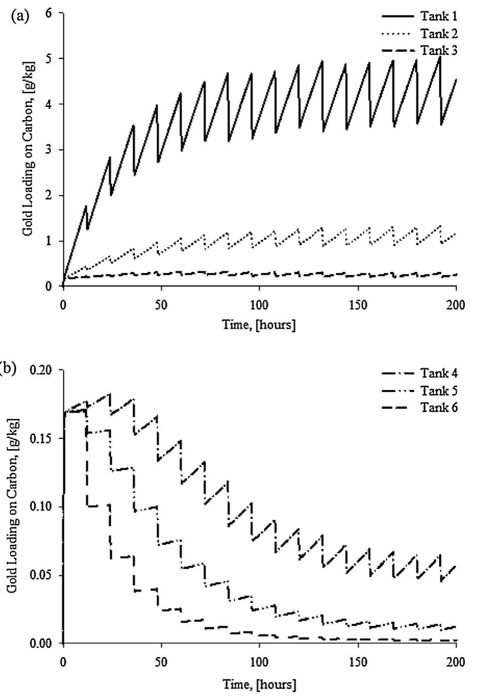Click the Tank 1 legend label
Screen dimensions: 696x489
point(439,16)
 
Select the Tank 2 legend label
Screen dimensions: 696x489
point(439,33)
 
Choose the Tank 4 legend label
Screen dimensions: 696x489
point(439,373)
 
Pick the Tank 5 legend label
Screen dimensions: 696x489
point(439,390)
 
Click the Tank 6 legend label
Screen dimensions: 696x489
point(439,407)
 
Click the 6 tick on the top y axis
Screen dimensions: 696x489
point(48,13)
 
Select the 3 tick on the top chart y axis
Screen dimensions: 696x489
point(48,150)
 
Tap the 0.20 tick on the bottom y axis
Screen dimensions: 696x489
point(42,370)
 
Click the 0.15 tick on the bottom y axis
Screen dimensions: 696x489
point(42,438)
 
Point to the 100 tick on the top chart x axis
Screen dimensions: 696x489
point(259,304)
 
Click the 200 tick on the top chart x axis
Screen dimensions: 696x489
point(455,304)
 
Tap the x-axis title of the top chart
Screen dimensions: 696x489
point(259,325)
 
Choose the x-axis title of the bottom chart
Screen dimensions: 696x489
point(259,684)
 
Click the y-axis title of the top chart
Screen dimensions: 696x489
point(28,150)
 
